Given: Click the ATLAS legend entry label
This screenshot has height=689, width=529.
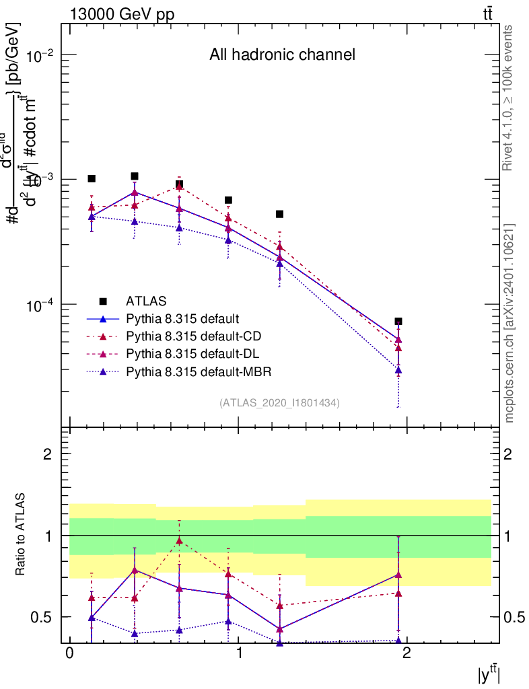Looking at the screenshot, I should click(x=146, y=300).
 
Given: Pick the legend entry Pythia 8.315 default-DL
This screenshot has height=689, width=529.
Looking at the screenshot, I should click(x=190, y=354).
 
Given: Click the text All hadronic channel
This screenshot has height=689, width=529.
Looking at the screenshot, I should click(x=282, y=55).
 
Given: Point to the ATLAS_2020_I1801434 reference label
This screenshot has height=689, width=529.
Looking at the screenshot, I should click(x=279, y=402).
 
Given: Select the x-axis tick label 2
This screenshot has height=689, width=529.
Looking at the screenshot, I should click(x=407, y=654).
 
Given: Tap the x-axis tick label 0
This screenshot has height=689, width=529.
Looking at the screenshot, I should click(x=69, y=654).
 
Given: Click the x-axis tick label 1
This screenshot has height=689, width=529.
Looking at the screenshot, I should click(x=238, y=654).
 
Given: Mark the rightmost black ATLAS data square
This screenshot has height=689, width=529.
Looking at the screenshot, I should click(x=398, y=322).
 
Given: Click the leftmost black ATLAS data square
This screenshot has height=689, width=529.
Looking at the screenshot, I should click(x=92, y=178).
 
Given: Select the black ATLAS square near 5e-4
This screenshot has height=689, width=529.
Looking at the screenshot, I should click(x=279, y=214).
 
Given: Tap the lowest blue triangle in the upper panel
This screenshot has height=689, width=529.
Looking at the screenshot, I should click(x=398, y=370).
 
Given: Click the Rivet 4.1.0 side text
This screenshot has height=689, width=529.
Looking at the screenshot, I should click(x=508, y=98).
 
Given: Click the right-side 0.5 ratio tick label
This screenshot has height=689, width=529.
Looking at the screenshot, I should click(x=514, y=617).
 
